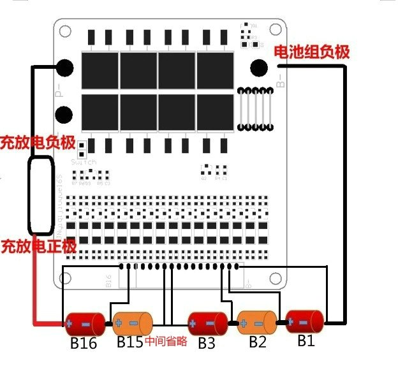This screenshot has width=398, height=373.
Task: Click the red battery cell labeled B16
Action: (x=83, y=323)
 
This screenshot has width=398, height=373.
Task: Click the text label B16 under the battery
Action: (x=83, y=344)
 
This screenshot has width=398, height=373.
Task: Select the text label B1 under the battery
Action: (x=306, y=341)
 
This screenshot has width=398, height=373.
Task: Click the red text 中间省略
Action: (x=166, y=342)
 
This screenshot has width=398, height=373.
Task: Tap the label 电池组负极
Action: (x=311, y=52)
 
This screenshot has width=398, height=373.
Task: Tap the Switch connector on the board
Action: (x=82, y=152)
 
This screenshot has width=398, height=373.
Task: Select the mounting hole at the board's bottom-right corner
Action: (x=275, y=278)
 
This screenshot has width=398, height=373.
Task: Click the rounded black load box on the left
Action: (x=40, y=194)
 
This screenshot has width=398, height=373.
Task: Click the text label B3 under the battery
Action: (x=206, y=343)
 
